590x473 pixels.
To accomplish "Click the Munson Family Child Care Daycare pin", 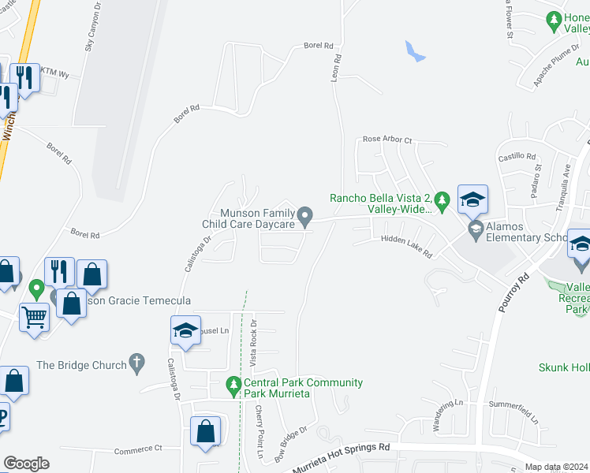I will coord(305,214).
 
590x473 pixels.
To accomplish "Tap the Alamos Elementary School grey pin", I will coord(475,230).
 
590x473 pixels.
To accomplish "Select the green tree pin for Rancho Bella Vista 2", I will coord(442,200).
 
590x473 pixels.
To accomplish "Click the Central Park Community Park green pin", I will coord(233,386).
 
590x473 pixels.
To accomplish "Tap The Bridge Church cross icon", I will coord(138,364).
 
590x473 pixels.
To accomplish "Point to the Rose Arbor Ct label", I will coord(387,140).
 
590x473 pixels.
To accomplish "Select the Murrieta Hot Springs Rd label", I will coord(341,458).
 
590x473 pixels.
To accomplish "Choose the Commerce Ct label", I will coord(137,449).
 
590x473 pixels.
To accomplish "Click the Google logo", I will coord(26,464).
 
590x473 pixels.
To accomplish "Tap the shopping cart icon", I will coord(35,318).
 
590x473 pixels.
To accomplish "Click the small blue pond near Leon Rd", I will coord(413,52).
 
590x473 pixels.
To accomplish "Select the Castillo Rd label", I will coord(517,158).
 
